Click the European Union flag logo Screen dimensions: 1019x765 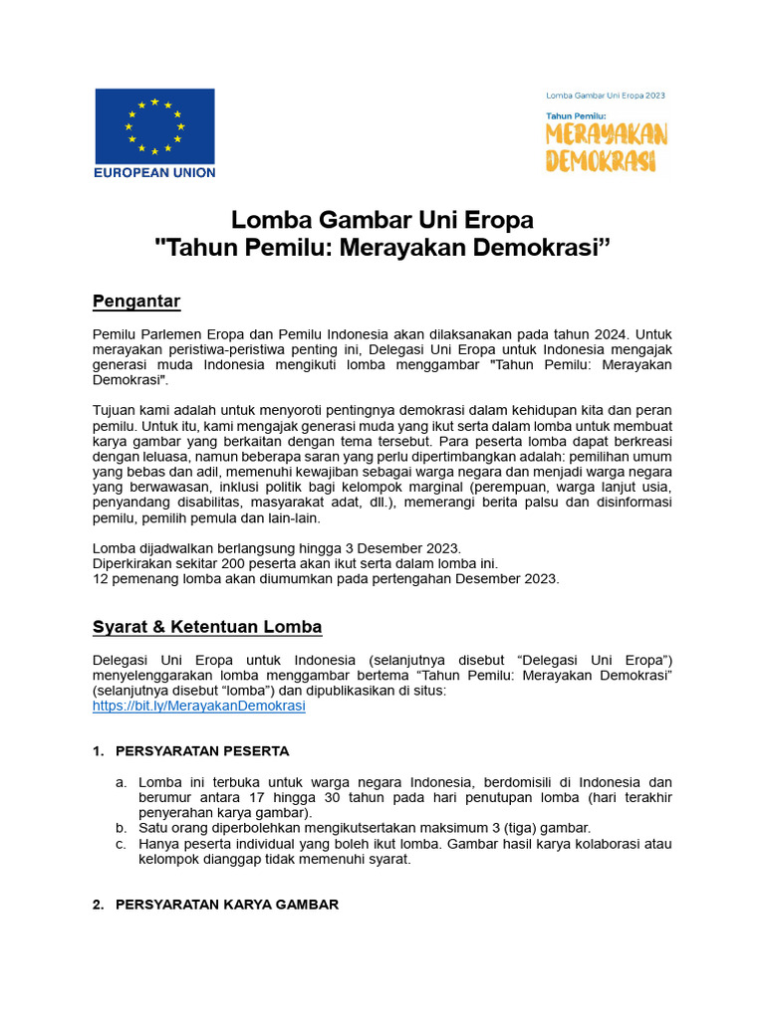[154, 125]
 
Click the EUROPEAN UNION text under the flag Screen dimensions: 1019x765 [154, 172]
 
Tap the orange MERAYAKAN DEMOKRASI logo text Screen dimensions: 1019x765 [606, 147]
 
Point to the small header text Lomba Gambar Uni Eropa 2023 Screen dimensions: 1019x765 [606, 96]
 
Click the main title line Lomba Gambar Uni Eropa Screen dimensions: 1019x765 [382, 219]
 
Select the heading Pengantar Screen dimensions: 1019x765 [136, 302]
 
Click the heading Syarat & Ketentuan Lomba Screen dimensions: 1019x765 [207, 627]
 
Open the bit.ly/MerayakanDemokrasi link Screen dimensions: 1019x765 [198, 706]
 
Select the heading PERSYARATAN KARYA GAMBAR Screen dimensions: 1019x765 [227, 905]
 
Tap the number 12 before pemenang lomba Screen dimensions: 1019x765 [100, 579]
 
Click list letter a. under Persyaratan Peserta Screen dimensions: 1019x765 [121, 782]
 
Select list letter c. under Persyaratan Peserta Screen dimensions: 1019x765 [121, 844]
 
